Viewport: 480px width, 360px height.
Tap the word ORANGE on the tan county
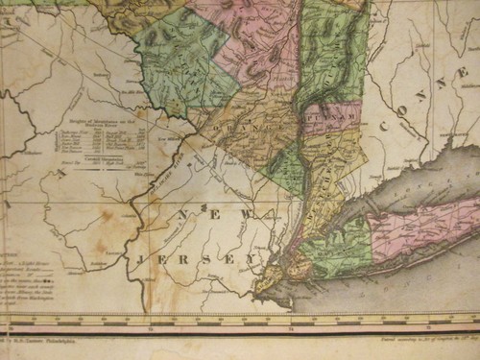pos(245,126)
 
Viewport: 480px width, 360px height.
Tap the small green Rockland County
pos(285,169)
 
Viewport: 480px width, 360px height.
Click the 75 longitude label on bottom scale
pos(151,326)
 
